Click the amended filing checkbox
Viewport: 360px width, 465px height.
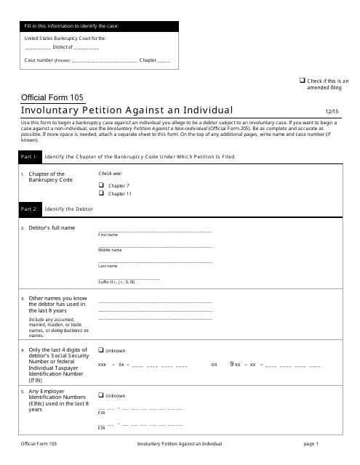tap(303, 80)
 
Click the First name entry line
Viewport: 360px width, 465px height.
tap(155, 231)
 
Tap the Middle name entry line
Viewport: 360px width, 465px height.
tap(155, 246)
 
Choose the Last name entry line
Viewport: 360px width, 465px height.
tap(155, 262)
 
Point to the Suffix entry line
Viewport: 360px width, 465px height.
tap(129, 278)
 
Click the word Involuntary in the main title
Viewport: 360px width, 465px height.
tap(54, 110)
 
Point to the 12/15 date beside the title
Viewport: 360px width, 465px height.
tap(332, 111)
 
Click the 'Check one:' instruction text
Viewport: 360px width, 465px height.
tap(111, 174)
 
